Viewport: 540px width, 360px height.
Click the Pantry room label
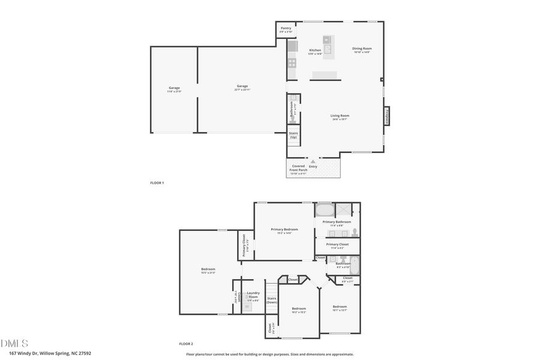[286, 29]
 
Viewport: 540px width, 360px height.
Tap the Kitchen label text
[315, 52]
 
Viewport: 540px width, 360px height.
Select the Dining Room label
[362, 50]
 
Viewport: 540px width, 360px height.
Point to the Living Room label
[340, 117]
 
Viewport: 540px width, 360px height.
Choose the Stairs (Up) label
[293, 136]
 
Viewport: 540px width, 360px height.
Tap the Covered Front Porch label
[298, 168]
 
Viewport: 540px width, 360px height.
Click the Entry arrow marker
[313, 162]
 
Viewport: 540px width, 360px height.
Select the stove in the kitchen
[292, 62]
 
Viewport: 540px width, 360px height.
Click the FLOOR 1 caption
[157, 182]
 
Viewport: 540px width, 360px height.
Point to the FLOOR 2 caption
[186, 344]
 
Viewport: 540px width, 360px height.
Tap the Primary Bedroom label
[284, 230]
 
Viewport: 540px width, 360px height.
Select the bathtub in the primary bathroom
[325, 211]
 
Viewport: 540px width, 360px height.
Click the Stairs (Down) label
[272, 300]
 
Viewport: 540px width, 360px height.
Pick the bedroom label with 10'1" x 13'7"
[340, 308]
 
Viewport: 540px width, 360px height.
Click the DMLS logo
[14, 343]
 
